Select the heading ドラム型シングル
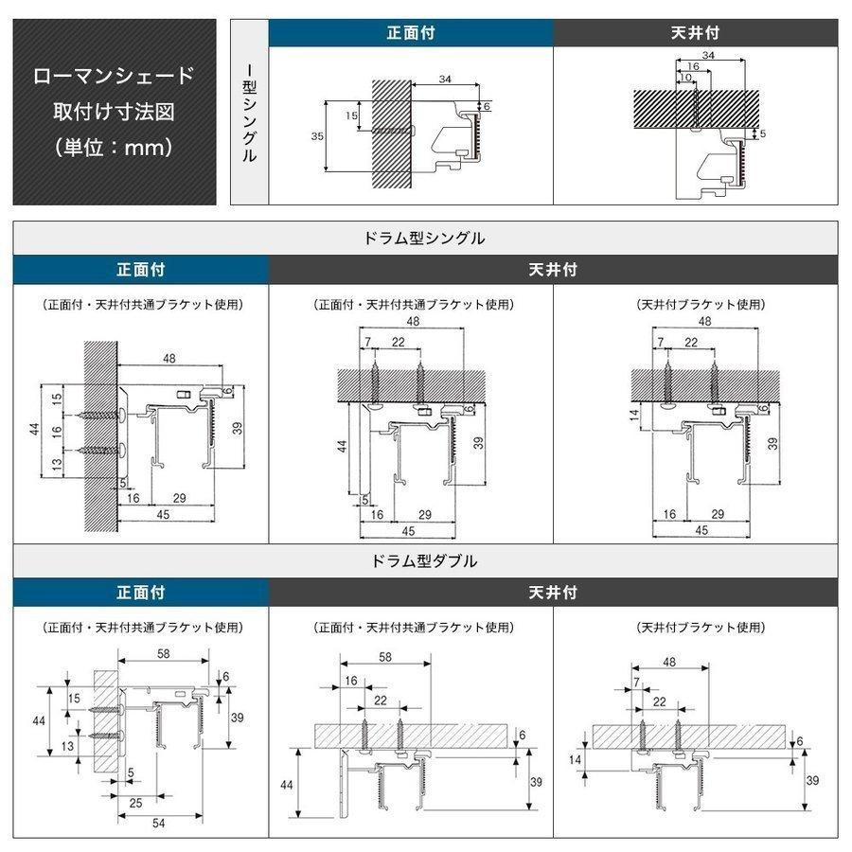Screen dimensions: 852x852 425,239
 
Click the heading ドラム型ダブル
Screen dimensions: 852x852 425,561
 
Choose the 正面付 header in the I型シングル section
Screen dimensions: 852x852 411,32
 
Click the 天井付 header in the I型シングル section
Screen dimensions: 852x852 695,32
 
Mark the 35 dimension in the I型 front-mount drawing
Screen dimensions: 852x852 317,136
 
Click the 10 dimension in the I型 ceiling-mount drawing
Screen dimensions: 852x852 685,77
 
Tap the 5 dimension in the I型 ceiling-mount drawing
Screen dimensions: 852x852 762,134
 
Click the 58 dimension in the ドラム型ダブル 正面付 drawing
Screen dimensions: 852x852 164,654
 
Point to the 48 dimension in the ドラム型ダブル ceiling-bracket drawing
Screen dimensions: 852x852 669,663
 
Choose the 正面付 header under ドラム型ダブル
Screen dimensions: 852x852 141,593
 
